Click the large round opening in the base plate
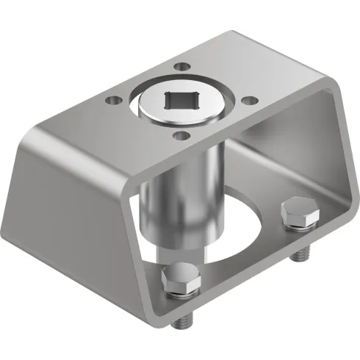pos(235,220)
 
